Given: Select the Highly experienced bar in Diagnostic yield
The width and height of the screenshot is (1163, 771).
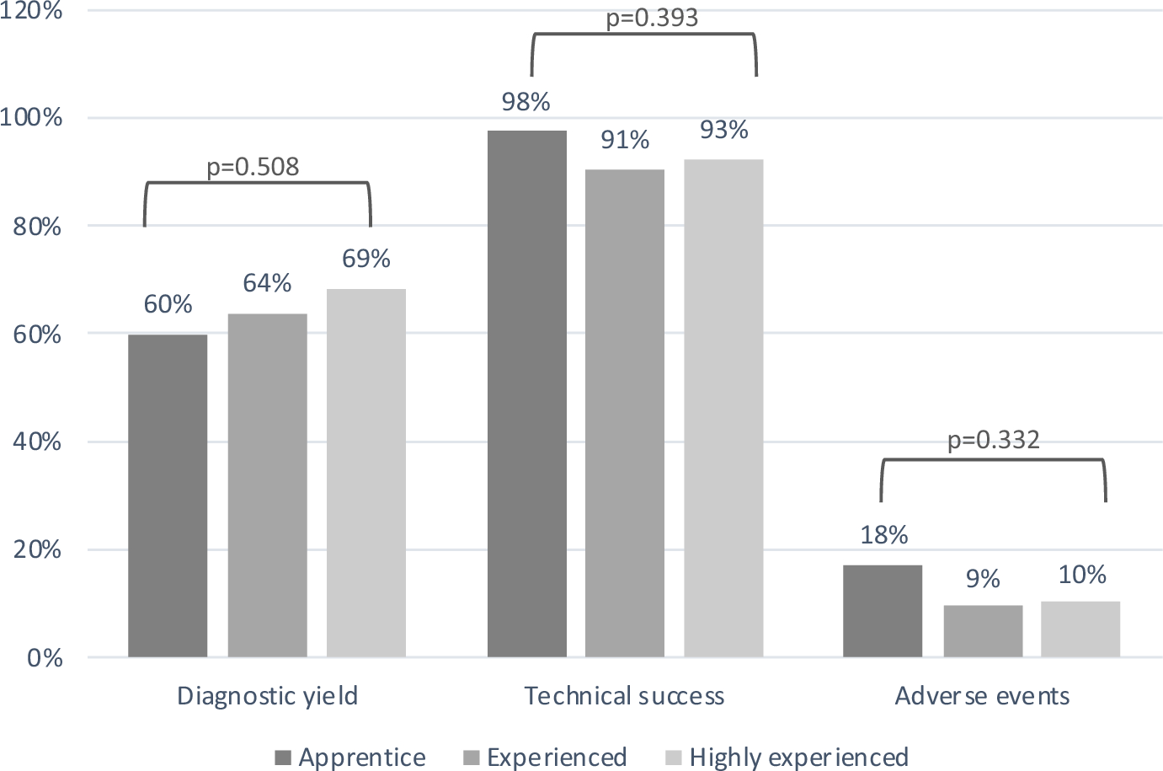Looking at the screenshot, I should (x=366, y=473).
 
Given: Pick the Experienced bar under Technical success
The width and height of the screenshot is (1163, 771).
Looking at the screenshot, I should (x=625, y=413).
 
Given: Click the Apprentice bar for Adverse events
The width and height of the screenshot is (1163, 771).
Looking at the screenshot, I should (x=883, y=611).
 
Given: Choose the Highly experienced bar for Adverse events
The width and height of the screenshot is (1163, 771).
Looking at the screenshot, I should (x=1080, y=629).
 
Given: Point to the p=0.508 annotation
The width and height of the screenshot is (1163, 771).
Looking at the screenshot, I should (x=253, y=167).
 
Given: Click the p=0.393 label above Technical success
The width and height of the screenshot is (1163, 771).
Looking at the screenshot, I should (x=652, y=18).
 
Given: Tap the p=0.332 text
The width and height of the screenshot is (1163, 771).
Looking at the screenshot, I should (x=993, y=440).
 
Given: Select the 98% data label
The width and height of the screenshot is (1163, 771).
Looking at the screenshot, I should (x=525, y=102).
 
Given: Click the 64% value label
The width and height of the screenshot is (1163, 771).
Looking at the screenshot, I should (x=267, y=283).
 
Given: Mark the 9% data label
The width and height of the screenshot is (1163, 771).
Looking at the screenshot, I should (x=983, y=579).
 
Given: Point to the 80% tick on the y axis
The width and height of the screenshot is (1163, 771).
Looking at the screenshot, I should (x=37, y=226).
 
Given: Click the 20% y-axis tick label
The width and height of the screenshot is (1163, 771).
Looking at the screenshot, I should (x=37, y=549).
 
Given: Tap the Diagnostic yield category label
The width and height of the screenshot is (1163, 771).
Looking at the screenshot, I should (x=267, y=696).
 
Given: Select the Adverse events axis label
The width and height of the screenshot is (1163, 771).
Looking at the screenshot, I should (x=982, y=696).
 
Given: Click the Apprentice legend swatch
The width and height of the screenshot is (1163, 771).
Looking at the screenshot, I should (x=283, y=758).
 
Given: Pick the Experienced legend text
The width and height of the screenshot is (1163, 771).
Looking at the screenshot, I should (x=557, y=758).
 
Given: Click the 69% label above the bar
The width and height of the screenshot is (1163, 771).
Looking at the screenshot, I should (x=365, y=259).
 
